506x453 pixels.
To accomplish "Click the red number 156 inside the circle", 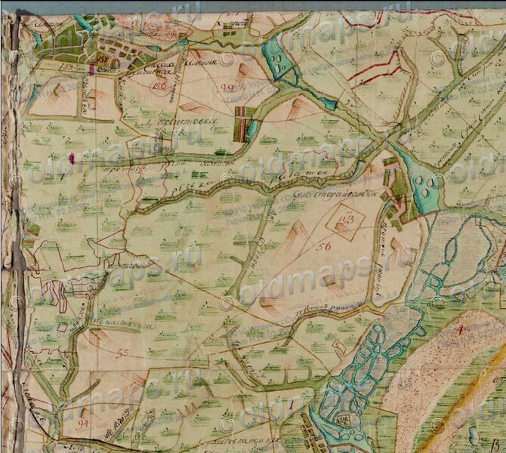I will tap(159, 85).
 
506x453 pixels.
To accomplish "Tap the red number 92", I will tap(227, 88).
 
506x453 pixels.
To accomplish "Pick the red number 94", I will tap(83, 424).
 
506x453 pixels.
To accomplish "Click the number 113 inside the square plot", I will tap(348, 220).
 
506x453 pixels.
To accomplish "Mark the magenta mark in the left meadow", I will tap(71, 159).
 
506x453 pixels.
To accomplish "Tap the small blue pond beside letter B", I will tap(472, 431).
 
